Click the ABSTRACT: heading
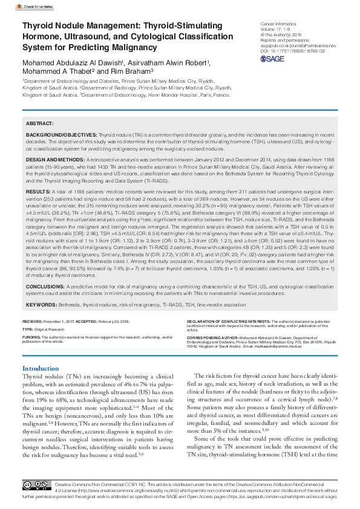click(x=40, y=122)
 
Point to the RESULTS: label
click(x=38, y=190)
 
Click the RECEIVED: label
click(x=33, y=321)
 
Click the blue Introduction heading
click(x=41, y=368)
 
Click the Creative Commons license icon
click(x=36, y=485)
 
